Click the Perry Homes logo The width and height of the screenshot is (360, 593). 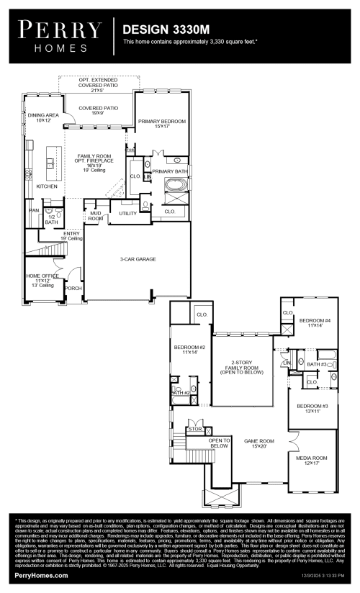[x=60, y=35]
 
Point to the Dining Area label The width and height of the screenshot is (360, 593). [x=43, y=117]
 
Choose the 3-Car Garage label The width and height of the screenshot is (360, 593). [x=138, y=259]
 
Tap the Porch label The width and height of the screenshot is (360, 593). [x=73, y=289]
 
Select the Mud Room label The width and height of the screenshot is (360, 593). [x=96, y=216]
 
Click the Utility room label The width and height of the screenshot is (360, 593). [x=128, y=213]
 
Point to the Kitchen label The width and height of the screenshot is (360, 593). [x=47, y=186]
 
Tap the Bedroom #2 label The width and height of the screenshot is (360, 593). [x=189, y=350]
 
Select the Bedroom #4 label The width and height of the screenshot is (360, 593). [x=315, y=322]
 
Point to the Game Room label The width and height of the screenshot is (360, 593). [x=259, y=443]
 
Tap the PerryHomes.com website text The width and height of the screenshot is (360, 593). [x=42, y=576]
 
